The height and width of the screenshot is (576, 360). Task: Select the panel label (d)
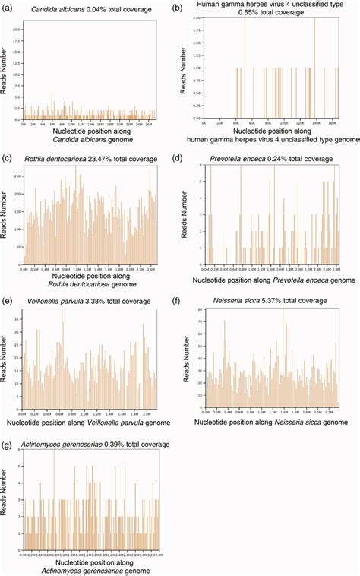[x=178, y=159]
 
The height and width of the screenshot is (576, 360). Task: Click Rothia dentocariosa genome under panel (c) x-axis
[x=85, y=286]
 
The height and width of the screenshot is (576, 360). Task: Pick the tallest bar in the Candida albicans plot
[x=51, y=93]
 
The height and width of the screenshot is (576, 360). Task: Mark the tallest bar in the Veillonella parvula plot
[x=62, y=310]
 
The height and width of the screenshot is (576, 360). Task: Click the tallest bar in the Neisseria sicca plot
[x=283, y=310]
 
